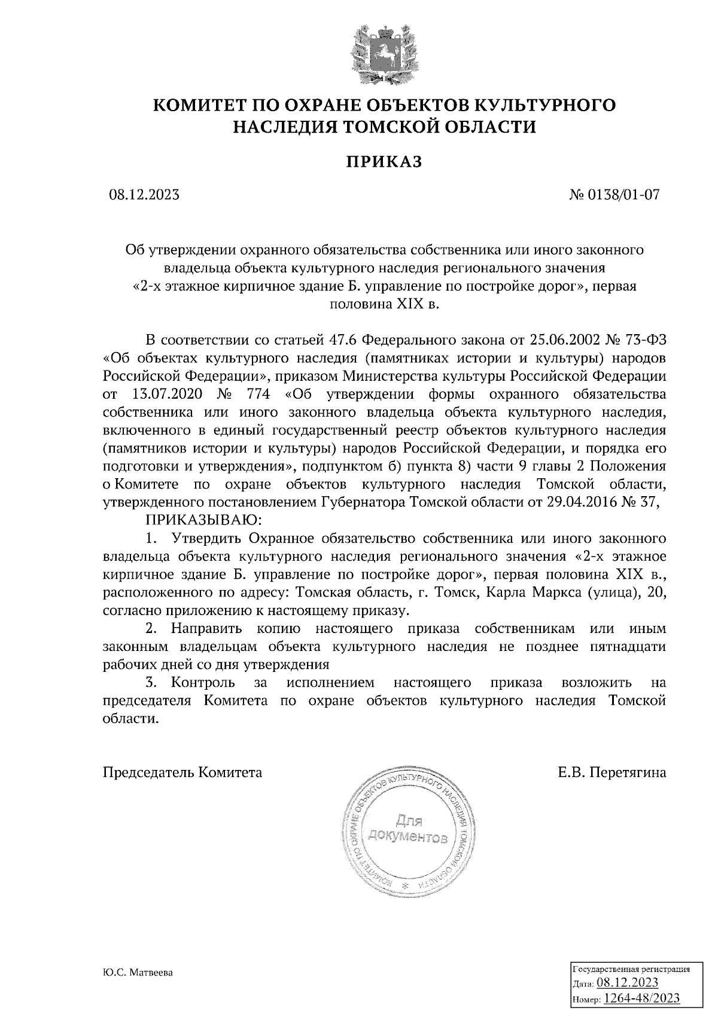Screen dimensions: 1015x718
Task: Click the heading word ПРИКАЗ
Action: coord(384,162)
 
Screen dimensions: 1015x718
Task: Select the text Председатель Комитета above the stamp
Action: coord(182,772)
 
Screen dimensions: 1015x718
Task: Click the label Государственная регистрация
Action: coord(632,969)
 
